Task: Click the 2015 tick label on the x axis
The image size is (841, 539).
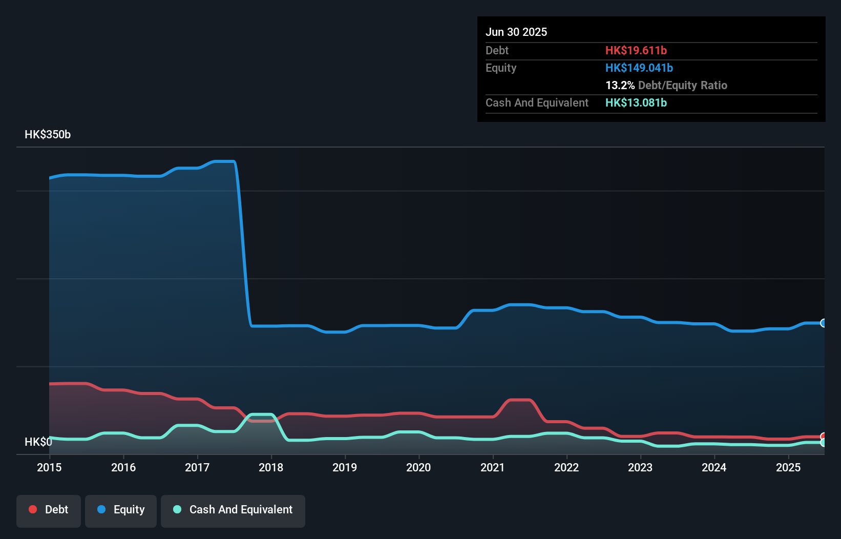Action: (x=49, y=467)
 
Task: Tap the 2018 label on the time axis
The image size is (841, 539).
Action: (x=271, y=467)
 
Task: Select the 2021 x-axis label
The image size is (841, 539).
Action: (x=493, y=467)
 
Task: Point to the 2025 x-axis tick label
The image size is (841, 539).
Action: (x=788, y=467)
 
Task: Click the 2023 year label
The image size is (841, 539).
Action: (x=640, y=467)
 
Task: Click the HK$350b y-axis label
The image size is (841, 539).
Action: (x=48, y=135)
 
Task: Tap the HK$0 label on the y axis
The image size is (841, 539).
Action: (x=38, y=442)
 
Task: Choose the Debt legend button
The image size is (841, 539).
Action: (x=49, y=510)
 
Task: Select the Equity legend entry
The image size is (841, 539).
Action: (x=121, y=510)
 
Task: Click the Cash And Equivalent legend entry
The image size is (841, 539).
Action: (x=233, y=510)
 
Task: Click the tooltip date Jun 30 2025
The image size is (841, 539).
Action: (x=516, y=32)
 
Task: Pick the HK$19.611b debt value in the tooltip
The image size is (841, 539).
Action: (x=636, y=50)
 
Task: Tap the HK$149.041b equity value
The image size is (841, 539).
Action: (x=639, y=68)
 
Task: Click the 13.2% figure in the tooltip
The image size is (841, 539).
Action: (x=620, y=85)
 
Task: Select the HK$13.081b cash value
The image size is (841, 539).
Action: (x=636, y=102)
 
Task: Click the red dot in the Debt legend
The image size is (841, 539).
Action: (x=33, y=509)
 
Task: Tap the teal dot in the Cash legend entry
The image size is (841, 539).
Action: (x=177, y=509)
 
